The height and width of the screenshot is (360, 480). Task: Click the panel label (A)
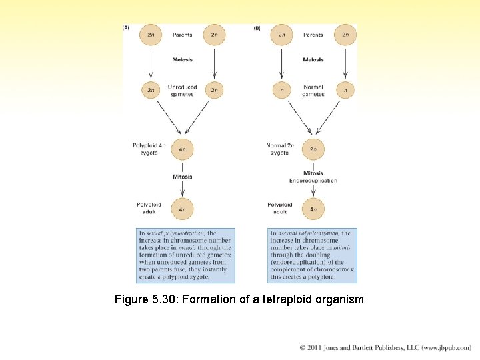click(x=125, y=28)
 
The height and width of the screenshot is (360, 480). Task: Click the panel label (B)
click(x=257, y=28)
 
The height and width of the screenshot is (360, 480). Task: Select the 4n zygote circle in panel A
click(x=182, y=149)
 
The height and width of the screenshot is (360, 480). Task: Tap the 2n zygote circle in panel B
click(x=313, y=149)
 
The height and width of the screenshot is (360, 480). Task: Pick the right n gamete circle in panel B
click(x=345, y=89)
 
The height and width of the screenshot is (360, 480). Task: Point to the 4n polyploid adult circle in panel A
click(x=182, y=209)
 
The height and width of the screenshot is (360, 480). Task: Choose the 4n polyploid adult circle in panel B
click(x=313, y=209)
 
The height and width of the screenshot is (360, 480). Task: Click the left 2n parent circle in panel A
click(x=150, y=35)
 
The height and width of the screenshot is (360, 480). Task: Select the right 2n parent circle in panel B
click(x=345, y=35)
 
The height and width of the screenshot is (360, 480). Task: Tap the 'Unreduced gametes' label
click(x=182, y=90)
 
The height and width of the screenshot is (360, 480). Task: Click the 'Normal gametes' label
click(x=313, y=90)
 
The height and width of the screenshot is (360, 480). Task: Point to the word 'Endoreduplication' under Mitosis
click(x=313, y=181)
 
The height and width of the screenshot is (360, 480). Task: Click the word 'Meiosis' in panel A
click(x=182, y=59)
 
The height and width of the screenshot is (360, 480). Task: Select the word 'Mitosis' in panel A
click(x=182, y=177)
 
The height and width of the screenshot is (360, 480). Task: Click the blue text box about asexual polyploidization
click(x=312, y=255)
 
